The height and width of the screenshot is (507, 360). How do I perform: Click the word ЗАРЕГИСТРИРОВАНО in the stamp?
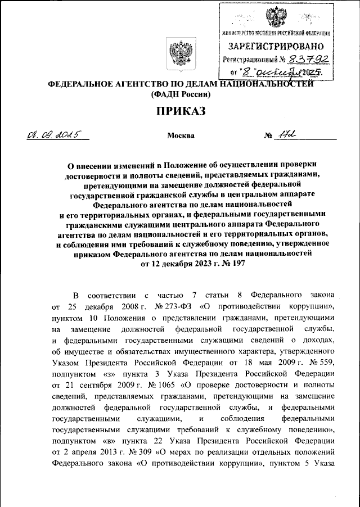pos(276,45)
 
